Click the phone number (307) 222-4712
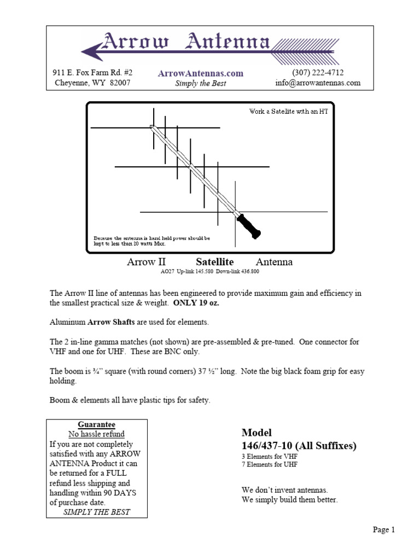[x=318, y=73]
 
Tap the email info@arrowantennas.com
[x=318, y=83]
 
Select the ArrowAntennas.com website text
[x=200, y=73]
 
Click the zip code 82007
[x=118, y=83]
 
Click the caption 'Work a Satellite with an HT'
[x=288, y=112]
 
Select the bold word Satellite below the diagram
[x=215, y=262]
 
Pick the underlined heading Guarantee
[x=97, y=424]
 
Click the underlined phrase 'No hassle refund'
[x=97, y=434]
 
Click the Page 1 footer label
[x=384, y=529]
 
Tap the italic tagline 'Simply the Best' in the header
[x=200, y=84]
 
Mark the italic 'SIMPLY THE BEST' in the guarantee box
[x=97, y=512]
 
